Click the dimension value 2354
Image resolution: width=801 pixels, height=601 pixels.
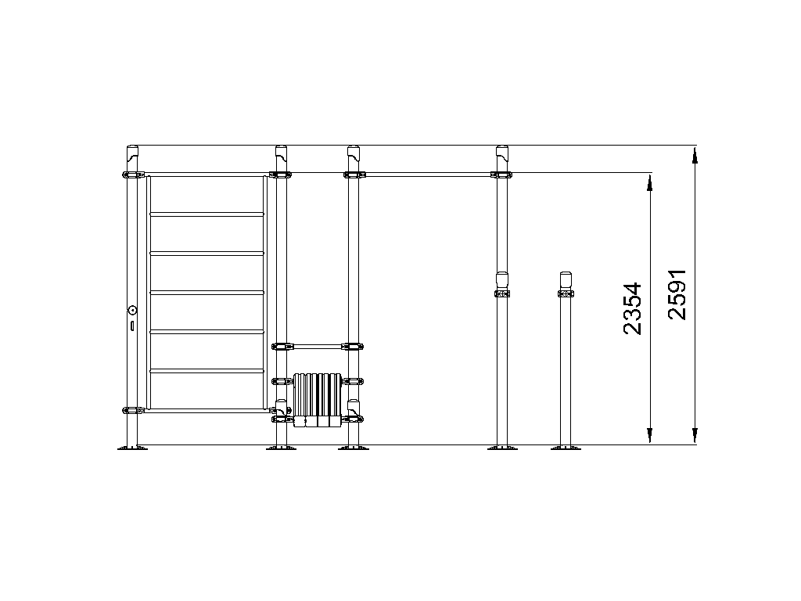pos(632,308)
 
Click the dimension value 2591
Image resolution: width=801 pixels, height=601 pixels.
pos(677,294)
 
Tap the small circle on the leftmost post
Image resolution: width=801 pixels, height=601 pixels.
pos(133,310)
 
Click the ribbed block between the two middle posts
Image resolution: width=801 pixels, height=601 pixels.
pos(318,400)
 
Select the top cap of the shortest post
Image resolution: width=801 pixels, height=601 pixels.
pos(566,280)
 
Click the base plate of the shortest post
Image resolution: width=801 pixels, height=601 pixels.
pos(566,448)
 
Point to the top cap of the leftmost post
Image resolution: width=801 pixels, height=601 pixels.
pos(133,152)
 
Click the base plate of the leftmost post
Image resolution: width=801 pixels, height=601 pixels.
pos(132,448)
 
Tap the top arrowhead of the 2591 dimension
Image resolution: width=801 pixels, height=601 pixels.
pos(695,156)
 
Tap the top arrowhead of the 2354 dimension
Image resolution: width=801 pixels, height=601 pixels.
pos(650,183)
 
